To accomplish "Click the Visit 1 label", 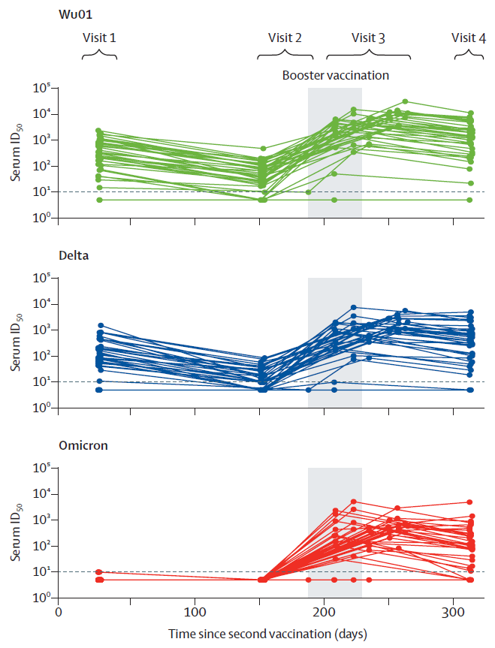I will pyautogui.click(x=99, y=38).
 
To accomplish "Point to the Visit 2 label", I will pyautogui.click(x=285, y=38).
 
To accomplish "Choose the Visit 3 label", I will pyautogui.click(x=368, y=38).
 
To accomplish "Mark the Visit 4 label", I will pyautogui.click(x=469, y=38).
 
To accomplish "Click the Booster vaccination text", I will pyautogui.click(x=335, y=75).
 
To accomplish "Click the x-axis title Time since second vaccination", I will pyautogui.click(x=267, y=634).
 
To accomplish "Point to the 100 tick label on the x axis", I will pyautogui.click(x=195, y=611).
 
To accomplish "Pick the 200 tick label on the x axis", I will pyautogui.click(x=324, y=611).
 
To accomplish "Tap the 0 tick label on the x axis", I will pyautogui.click(x=59, y=611).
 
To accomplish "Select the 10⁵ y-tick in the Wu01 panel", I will pyautogui.click(x=41, y=89).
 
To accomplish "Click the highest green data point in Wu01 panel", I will pyautogui.click(x=405, y=101).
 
